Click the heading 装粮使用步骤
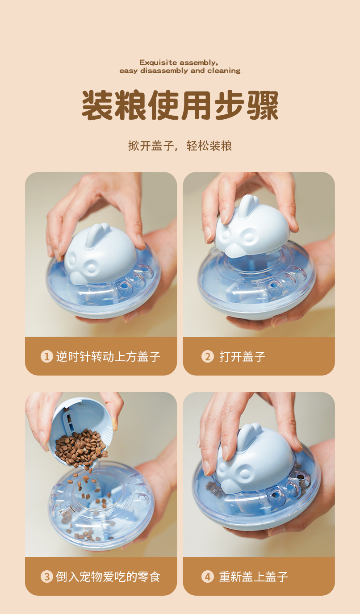180,106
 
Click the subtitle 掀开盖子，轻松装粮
180,146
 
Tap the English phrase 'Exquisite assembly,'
179,63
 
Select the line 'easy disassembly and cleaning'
180,71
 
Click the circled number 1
46,356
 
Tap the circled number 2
207,356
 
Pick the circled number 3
46,576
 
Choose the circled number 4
207,576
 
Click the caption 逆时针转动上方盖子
108,356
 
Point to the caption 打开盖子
242,356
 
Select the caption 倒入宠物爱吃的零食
108,576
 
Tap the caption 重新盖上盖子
253,576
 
